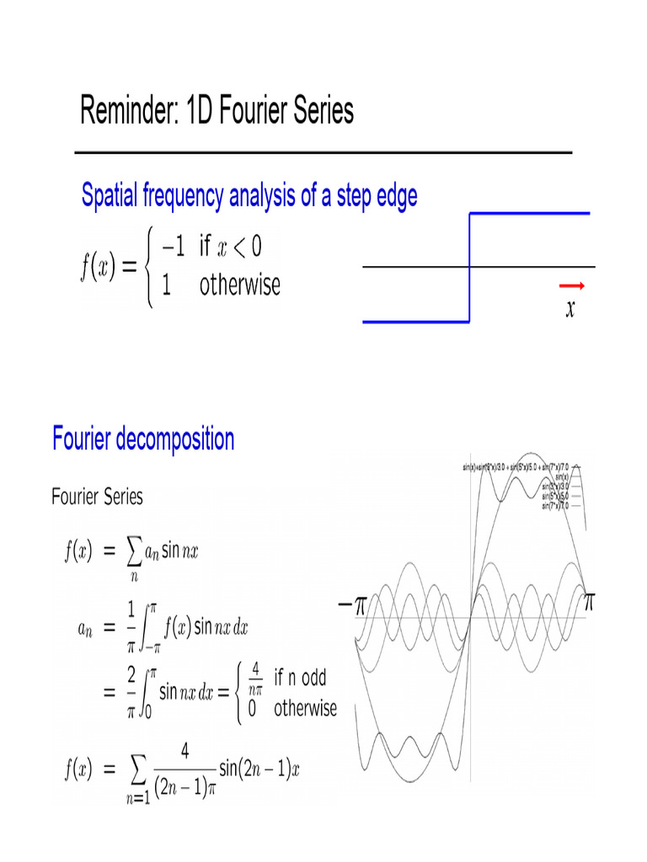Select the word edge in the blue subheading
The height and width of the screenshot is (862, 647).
pyautogui.click(x=393, y=196)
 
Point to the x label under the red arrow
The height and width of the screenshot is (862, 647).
pyautogui.click(x=570, y=309)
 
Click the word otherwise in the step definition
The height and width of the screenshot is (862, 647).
pyautogui.click(x=240, y=285)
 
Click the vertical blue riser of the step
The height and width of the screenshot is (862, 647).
pyautogui.click(x=469, y=268)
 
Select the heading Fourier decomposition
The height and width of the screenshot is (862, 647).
pyautogui.click(x=143, y=439)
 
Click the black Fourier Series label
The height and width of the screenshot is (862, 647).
pyautogui.click(x=97, y=496)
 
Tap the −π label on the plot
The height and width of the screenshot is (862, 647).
pyautogui.click(x=347, y=604)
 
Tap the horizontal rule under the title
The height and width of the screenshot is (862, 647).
pyautogui.click(x=323, y=152)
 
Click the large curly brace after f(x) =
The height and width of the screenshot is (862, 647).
pyautogui.click(x=150, y=266)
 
